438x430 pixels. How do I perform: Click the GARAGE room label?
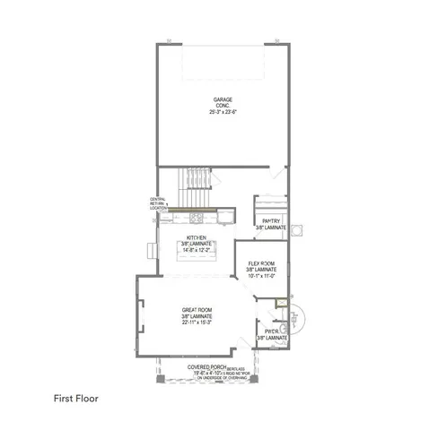pyautogui.click(x=223, y=99)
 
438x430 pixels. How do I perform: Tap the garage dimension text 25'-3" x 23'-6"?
pyautogui.click(x=223, y=113)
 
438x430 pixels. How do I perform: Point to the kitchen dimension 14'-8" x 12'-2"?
pyautogui.click(x=197, y=251)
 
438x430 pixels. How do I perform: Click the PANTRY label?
pyautogui.click(x=270, y=221)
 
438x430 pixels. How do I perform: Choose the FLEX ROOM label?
pyautogui.click(x=261, y=262)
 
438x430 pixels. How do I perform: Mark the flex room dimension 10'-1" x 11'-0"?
pyautogui.click(x=261, y=276)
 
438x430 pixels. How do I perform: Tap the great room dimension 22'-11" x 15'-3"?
pyautogui.click(x=197, y=323)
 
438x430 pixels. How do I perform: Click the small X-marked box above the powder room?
pyautogui.click(x=281, y=303)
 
